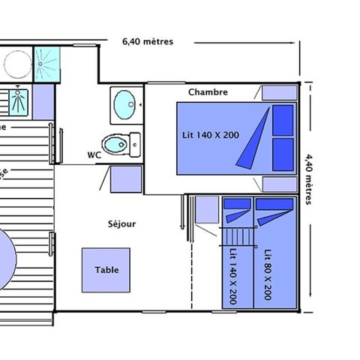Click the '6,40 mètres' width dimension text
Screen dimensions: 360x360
click(147, 42)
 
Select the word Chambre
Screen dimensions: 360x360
click(208, 92)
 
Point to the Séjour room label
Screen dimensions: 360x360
click(121, 223)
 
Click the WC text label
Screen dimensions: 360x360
click(94, 155)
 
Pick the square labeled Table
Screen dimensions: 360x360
click(106, 270)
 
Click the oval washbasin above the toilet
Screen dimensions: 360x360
click(124, 104)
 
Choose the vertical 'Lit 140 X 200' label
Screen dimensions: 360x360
click(233, 274)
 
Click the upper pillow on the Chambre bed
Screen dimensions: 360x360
click(283, 118)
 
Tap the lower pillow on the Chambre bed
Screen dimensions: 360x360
click(283, 148)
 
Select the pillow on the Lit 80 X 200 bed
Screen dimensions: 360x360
click(273, 204)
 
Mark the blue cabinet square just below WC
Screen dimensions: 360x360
click(126, 179)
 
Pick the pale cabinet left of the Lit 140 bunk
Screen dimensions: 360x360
click(206, 209)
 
